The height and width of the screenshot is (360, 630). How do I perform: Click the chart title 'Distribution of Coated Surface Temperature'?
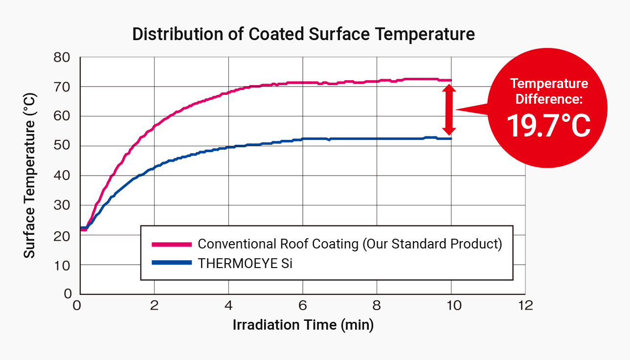(303, 34)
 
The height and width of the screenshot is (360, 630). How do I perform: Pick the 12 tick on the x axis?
(525, 306)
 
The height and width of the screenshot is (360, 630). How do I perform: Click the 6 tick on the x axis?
(303, 306)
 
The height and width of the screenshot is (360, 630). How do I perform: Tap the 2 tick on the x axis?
(154, 306)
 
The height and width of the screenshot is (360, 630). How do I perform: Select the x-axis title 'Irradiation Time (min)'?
(303, 325)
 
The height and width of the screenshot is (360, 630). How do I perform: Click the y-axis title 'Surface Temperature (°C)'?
(30, 176)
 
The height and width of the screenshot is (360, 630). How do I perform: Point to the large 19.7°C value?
(548, 125)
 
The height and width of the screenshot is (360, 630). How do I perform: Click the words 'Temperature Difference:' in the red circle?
(548, 91)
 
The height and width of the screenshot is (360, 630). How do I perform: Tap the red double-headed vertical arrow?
(449, 110)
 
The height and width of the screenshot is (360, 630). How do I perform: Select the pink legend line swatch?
(171, 244)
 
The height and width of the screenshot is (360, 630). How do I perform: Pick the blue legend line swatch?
(171, 263)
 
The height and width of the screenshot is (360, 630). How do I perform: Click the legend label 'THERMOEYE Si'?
(245, 263)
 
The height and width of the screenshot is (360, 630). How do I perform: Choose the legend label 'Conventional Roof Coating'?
(277, 244)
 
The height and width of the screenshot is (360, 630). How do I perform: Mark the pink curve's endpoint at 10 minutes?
(451, 80)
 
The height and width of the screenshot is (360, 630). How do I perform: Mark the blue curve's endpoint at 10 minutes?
(451, 138)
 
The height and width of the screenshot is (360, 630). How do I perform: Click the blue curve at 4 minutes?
(228, 147)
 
